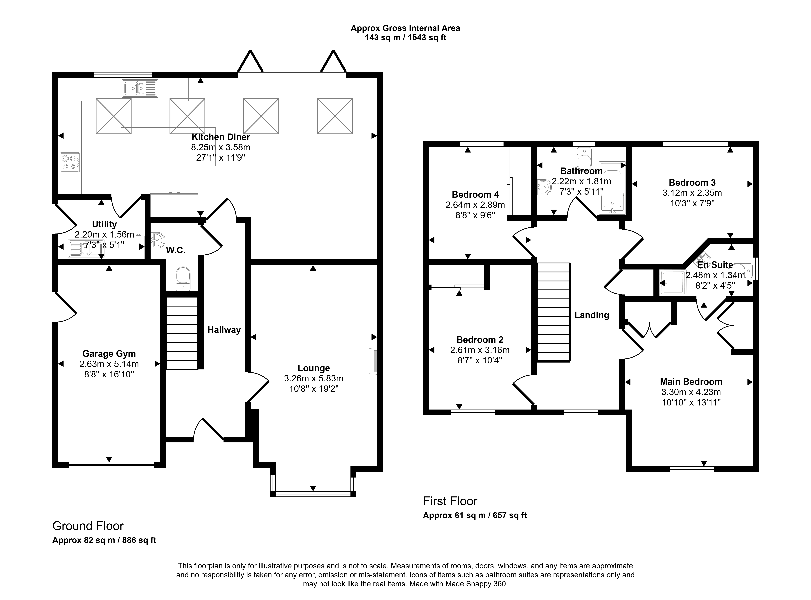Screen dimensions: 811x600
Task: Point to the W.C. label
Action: [176, 250]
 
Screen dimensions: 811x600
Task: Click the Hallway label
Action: [224, 330]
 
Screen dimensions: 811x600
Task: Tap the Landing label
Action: [592, 315]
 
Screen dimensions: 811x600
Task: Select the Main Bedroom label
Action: [691, 382]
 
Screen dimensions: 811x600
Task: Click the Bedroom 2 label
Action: [480, 340]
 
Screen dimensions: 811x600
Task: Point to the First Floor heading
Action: [450, 501]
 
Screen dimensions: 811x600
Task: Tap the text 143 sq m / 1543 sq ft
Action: [405, 37]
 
